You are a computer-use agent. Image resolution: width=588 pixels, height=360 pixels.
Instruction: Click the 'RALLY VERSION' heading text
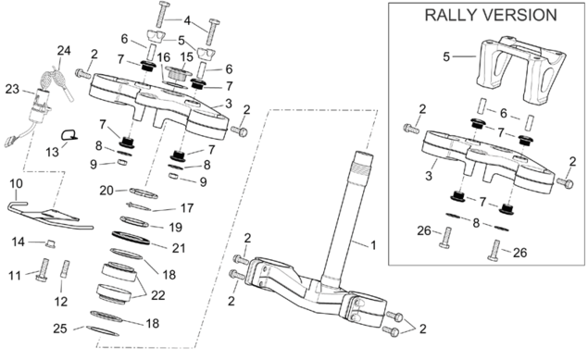click(491, 15)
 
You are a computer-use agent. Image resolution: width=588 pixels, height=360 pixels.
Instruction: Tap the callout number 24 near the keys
click(64, 51)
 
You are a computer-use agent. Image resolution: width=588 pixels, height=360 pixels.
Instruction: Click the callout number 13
click(53, 152)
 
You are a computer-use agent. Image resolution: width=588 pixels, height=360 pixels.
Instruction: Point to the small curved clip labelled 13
click(69, 135)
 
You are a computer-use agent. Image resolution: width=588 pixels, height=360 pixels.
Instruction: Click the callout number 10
click(16, 183)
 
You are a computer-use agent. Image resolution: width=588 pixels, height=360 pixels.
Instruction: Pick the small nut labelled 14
click(50, 244)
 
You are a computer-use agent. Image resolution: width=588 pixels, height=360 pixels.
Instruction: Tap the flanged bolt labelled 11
click(43, 270)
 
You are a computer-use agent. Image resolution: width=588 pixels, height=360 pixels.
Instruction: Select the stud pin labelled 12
click(65, 269)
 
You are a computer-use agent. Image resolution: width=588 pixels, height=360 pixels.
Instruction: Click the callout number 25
click(60, 329)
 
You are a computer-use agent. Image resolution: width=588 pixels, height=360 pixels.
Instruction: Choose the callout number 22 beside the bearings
click(157, 295)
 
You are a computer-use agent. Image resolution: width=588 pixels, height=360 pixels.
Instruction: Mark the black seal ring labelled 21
click(131, 238)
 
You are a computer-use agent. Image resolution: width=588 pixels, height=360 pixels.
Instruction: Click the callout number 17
click(187, 208)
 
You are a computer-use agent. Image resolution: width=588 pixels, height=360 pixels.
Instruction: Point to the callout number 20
click(106, 191)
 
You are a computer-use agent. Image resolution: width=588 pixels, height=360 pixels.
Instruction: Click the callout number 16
click(164, 57)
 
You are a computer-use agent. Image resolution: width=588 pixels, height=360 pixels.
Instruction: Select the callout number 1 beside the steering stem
click(373, 245)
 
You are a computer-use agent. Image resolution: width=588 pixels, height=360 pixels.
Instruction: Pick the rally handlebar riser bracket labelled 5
click(521, 70)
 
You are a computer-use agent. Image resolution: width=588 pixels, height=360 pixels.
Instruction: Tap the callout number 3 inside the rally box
click(429, 176)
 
